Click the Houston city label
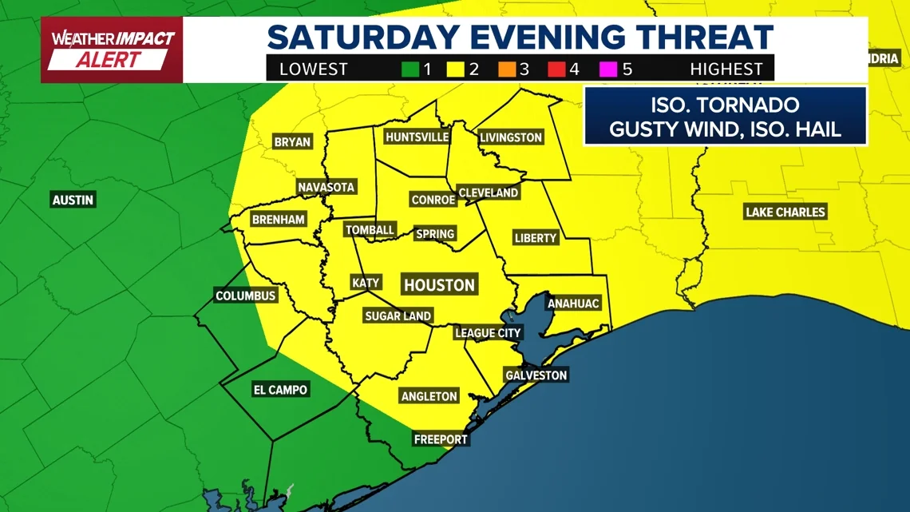point(439,285)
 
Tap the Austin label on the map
point(73,200)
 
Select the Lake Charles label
point(785,212)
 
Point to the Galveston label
point(536,375)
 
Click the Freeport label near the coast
point(441,439)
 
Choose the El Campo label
point(280,390)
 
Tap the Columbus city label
point(246,296)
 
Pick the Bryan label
point(292,142)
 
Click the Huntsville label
point(417,137)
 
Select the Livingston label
point(511,137)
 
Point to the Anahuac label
point(572,304)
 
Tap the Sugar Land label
point(398,316)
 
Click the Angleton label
point(429,396)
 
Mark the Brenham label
point(278,219)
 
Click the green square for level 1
point(410,69)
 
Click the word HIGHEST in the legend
point(726,69)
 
